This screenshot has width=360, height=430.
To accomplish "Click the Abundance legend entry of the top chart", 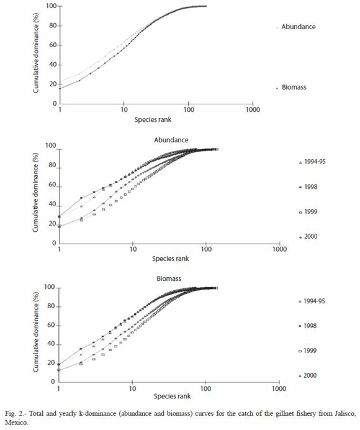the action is [296, 27].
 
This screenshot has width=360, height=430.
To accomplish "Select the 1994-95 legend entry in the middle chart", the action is [312, 162].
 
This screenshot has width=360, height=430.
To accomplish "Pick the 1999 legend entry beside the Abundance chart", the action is [308, 212].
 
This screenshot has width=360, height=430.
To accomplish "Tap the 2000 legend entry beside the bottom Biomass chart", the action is [308, 375].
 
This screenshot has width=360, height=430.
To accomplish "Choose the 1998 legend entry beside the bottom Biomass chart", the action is [308, 326].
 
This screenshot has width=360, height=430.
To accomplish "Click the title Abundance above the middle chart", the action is [171, 140].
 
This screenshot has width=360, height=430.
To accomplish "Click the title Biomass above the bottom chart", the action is [169, 278].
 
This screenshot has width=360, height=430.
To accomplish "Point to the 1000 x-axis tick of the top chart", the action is [253, 110].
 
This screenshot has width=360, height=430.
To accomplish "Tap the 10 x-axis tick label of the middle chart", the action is [133, 249].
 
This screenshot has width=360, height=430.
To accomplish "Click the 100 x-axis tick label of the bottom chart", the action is [205, 388].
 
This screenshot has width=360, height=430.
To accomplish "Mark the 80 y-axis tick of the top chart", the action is [53, 25].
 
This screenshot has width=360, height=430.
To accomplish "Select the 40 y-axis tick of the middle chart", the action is [52, 205].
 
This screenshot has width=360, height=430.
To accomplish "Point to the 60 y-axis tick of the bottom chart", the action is [52, 326].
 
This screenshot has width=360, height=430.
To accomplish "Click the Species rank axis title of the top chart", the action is [153, 119].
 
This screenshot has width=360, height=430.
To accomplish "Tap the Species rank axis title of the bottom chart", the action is [172, 396].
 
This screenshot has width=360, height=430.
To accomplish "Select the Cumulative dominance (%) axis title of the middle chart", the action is [35, 193].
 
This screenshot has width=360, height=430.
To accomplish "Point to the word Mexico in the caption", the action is [16, 423].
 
